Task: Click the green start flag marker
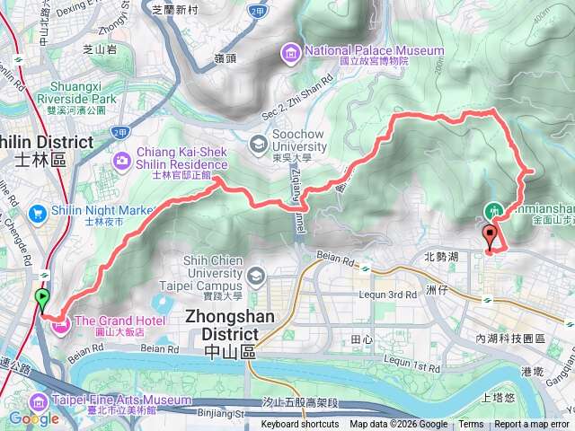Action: click(42, 299)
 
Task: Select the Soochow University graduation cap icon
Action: click(258, 143)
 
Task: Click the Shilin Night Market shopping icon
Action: click(38, 213)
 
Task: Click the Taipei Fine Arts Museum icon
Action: click(40, 400)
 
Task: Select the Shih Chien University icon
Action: click(256, 274)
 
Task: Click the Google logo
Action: click(34, 418)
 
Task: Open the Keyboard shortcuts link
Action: click(300, 425)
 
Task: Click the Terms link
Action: click(471, 425)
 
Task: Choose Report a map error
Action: click(531, 425)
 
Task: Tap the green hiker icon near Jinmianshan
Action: click(493, 211)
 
